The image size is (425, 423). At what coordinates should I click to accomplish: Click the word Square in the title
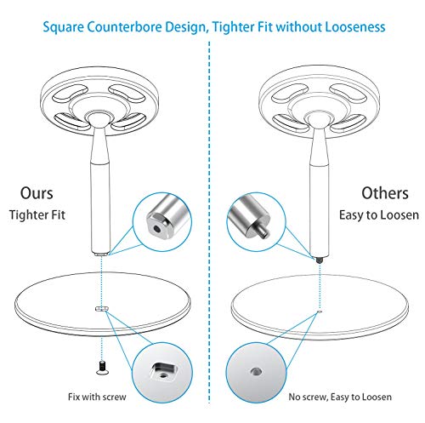pyautogui.click(x=64, y=27)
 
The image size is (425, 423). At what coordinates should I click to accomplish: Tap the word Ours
pyautogui.click(x=37, y=193)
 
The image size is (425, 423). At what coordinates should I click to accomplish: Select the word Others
pyautogui.click(x=385, y=193)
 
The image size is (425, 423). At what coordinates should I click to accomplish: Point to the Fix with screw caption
pyautogui.click(x=97, y=397)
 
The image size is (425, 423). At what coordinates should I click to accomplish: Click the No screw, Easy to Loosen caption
pyautogui.click(x=340, y=397)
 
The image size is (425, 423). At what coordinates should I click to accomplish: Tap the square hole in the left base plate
pyautogui.click(x=101, y=309)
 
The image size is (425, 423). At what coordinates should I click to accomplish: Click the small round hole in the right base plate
pyautogui.click(x=320, y=312)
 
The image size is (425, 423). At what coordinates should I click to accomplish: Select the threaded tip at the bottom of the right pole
pyautogui.click(x=320, y=260)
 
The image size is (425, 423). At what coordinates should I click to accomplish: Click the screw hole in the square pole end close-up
pyautogui.click(x=156, y=227)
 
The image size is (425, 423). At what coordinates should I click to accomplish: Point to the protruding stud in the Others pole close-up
pyautogui.click(x=263, y=232)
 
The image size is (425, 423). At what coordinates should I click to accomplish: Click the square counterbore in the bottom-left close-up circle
pyautogui.click(x=164, y=371)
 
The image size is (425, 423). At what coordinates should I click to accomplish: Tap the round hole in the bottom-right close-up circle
pyautogui.click(x=256, y=371)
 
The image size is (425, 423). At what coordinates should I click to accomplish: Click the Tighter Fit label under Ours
pyautogui.click(x=37, y=214)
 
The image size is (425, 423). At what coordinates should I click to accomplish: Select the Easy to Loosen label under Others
pyautogui.click(x=379, y=214)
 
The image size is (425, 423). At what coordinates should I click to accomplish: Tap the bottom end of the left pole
pyautogui.click(x=100, y=254)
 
